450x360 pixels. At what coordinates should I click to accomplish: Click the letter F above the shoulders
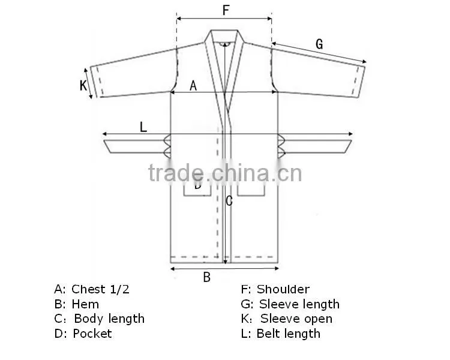coord(226,10)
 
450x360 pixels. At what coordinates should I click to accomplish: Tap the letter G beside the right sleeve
coord(319,44)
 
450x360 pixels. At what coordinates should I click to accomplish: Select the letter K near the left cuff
coord(83,85)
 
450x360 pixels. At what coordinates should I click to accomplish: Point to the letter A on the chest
coord(193,86)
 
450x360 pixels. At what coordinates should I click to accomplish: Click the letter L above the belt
coord(143,127)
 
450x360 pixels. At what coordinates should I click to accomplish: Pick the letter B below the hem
coord(206,277)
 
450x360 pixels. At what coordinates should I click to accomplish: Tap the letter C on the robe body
coord(229,201)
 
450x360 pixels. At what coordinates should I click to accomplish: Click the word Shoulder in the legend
coord(283,289)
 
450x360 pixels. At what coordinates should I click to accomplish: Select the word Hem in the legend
coord(85,304)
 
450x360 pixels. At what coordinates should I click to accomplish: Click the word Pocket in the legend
coord(92,334)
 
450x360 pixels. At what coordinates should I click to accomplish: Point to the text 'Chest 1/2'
coord(100,289)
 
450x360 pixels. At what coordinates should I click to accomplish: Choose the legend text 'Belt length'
coord(289,334)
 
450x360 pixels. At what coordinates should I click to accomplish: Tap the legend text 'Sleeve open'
coord(296,319)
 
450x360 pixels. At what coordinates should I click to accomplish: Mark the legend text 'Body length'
coord(109,319)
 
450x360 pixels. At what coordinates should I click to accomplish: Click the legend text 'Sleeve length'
coord(299,305)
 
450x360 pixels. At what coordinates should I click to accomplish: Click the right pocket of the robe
coord(251,191)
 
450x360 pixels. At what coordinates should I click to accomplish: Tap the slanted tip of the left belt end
coord(107,146)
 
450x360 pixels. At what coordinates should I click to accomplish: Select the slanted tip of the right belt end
coord(348,146)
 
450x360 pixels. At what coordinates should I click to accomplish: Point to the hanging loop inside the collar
coord(225,44)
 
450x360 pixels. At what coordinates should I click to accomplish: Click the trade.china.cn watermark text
coord(225,173)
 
